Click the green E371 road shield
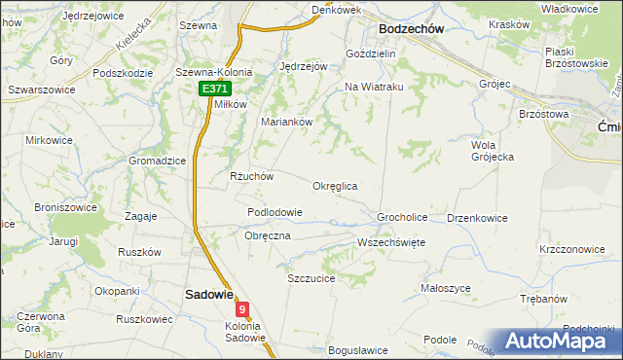214,89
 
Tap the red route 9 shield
242,309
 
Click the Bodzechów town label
411,29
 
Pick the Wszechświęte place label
391,242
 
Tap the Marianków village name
285,122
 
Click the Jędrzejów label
302,66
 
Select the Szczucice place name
311,278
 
